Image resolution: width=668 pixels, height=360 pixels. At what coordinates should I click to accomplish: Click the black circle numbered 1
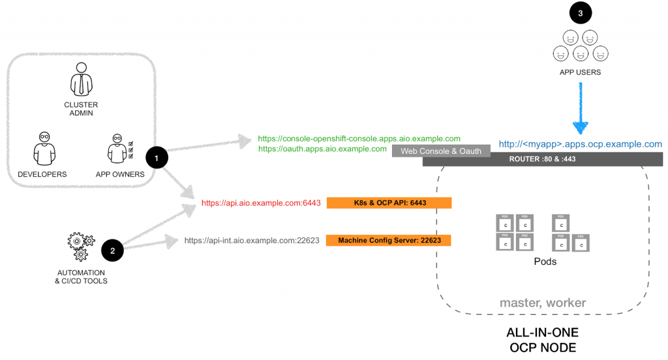157,158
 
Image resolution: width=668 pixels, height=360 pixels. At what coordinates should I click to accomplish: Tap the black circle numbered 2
112,250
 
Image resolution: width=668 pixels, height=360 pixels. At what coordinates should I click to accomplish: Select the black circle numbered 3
581,12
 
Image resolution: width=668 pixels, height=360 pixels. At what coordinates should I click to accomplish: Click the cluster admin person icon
80,79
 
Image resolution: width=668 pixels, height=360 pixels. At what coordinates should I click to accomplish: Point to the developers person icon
43,149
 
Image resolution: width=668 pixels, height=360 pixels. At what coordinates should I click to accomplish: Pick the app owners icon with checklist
119,148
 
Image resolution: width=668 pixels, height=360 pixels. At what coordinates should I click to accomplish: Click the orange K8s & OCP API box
389,203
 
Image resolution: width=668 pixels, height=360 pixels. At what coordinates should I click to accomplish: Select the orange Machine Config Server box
389,241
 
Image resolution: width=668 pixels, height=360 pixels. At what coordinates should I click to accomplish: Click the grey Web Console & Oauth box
441,151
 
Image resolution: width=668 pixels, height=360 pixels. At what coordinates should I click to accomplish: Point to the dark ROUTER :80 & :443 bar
543,159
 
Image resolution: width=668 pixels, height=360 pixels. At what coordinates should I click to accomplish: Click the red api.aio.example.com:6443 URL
261,203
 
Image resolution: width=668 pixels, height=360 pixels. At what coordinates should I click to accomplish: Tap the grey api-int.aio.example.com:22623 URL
252,241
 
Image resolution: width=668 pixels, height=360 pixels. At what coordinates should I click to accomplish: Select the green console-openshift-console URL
359,139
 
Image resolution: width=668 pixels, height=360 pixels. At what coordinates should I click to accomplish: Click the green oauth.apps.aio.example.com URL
322,149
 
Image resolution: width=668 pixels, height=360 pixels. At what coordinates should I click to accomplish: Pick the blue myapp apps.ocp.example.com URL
581,144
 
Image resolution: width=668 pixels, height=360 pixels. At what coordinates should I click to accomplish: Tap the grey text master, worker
543,303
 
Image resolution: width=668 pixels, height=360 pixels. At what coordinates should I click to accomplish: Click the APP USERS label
580,72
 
